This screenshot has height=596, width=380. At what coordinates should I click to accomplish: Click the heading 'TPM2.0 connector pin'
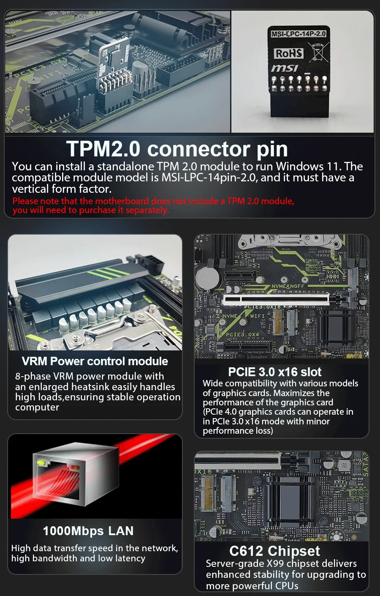tap(177, 149)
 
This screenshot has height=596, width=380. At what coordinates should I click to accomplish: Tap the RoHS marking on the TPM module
tap(289, 53)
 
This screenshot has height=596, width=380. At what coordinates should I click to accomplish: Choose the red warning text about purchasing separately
tap(153, 205)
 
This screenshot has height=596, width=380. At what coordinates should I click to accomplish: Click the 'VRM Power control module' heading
tap(95, 361)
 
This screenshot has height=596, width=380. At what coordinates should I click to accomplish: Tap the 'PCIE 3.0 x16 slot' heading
tap(274, 372)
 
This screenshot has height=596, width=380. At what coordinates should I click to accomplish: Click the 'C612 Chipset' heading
tap(274, 551)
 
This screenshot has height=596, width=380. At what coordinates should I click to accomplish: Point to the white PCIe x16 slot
tap(276, 300)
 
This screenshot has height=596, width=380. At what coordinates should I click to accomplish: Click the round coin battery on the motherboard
tap(208, 278)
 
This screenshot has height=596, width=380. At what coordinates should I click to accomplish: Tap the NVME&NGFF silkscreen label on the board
tap(287, 287)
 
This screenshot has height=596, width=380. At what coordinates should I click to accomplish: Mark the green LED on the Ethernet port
tap(41, 462)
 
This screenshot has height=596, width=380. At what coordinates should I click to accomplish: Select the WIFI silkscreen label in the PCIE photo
tap(257, 316)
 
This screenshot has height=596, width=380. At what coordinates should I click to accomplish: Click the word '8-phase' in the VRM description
tap(32, 376)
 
